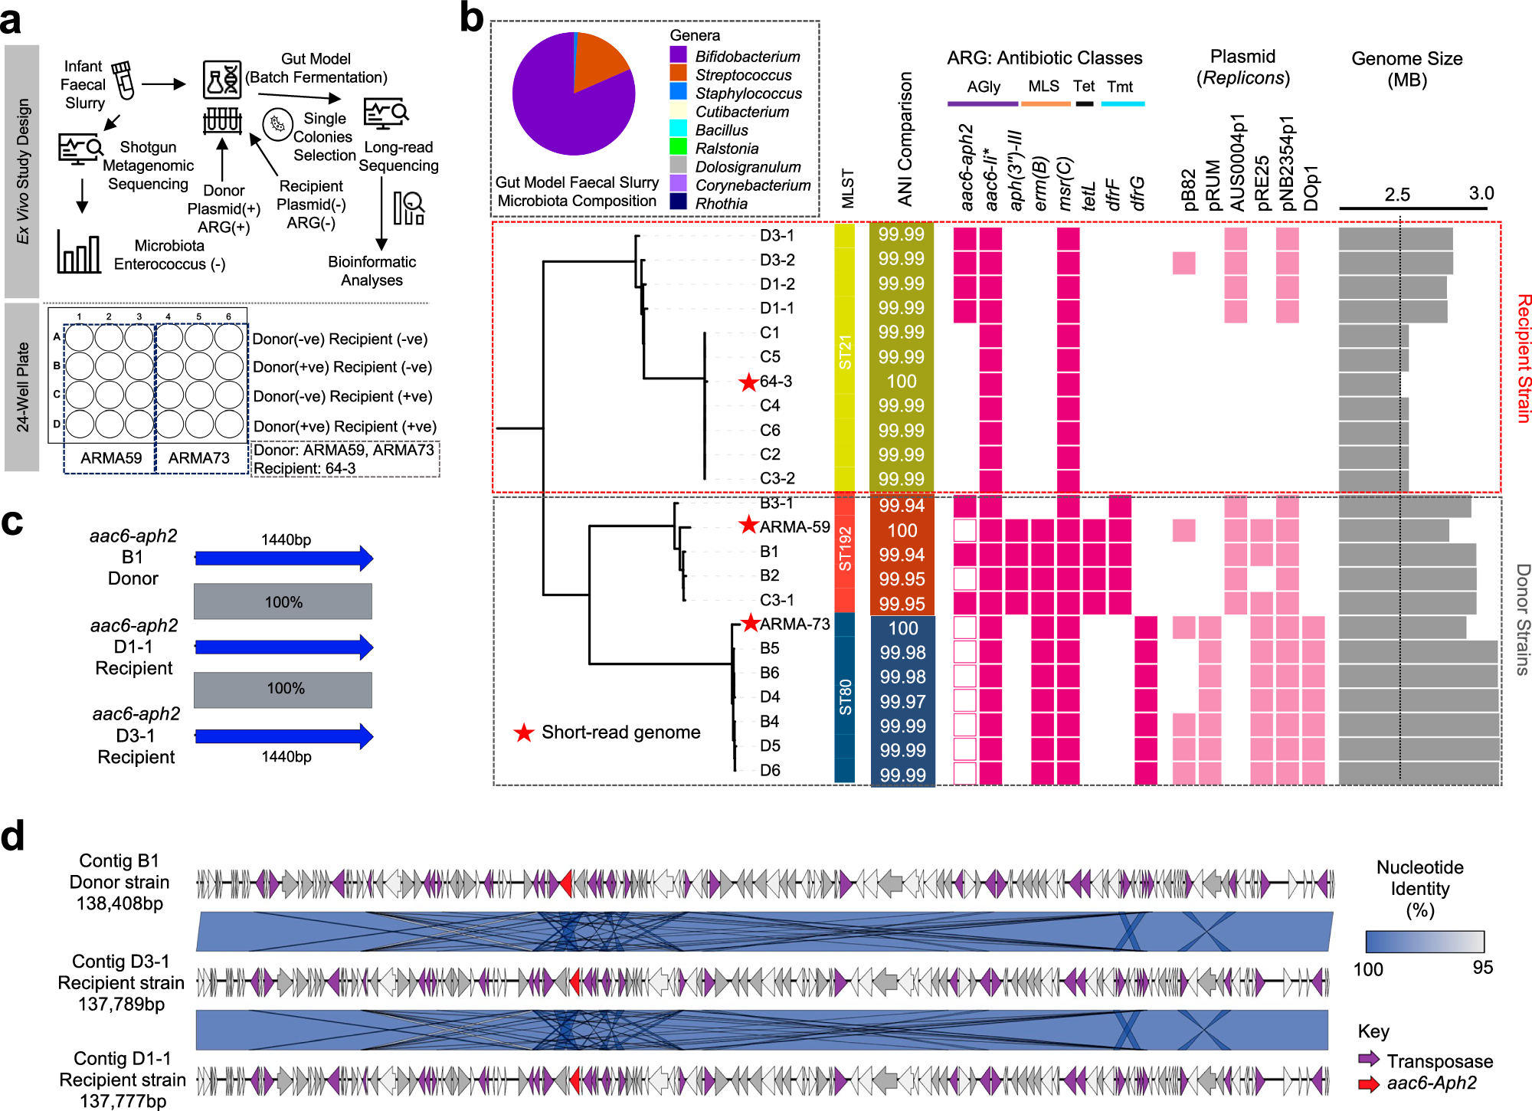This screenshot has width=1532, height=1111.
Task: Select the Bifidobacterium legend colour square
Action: click(x=678, y=55)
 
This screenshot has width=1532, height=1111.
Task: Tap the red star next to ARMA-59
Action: click(x=748, y=526)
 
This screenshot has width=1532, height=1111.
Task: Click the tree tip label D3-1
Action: click(x=777, y=235)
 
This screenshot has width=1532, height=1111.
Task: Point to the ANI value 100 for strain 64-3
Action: click(x=902, y=382)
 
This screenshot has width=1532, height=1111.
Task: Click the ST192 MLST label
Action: click(x=844, y=549)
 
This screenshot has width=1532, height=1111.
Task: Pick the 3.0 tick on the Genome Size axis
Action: click(x=1481, y=194)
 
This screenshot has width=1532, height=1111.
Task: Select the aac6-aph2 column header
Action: click(x=966, y=167)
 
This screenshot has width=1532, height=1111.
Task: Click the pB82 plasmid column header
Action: click(x=1187, y=189)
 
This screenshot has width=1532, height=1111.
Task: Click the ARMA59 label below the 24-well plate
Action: click(x=111, y=458)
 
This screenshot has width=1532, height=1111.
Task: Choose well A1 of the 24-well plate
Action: click(x=79, y=337)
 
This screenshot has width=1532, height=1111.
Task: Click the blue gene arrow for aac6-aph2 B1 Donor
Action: click(x=283, y=559)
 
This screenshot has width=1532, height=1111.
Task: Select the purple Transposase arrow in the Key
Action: click(x=1368, y=1060)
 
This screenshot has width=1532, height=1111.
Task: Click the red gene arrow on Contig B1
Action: click(x=565, y=883)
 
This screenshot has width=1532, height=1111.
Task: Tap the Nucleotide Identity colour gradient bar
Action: click(x=1424, y=941)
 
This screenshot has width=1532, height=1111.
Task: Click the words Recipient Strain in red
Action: click(x=1523, y=358)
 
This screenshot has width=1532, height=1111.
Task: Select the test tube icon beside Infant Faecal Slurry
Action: click(x=123, y=80)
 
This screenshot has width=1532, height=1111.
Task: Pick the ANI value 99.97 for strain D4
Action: click(x=902, y=702)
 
